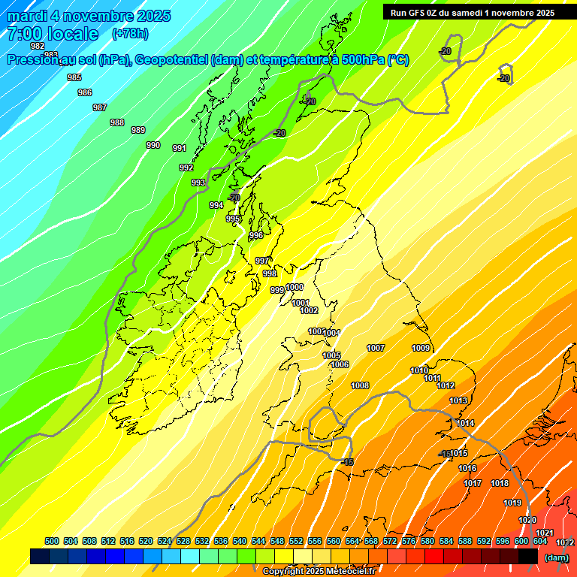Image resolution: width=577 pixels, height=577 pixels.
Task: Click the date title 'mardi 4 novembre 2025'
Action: tap(89, 16)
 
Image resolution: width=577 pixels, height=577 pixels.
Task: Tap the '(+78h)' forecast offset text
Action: tap(130, 33)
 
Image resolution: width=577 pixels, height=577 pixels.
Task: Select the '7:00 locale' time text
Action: tap(53, 34)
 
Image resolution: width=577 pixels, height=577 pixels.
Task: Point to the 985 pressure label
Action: tap(74, 77)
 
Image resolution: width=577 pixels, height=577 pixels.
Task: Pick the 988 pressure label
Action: tap(117, 122)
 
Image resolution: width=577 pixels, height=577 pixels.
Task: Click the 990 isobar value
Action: tap(153, 145)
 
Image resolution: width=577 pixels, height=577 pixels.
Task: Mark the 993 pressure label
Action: tap(198, 183)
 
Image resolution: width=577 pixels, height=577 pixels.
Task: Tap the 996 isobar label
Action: tap(256, 235)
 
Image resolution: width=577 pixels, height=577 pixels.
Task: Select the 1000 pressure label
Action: tap(295, 287)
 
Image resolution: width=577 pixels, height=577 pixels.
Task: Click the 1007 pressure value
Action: tap(376, 348)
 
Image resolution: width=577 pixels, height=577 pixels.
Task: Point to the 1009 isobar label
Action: tap(421, 348)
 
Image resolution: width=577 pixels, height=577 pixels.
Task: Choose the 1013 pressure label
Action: tap(458, 400)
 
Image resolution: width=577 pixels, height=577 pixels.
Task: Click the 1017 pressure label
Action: tap(473, 483)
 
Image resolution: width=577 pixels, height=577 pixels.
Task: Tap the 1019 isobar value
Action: tap(512, 503)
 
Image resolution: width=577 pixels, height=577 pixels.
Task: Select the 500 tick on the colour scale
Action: tap(52, 541)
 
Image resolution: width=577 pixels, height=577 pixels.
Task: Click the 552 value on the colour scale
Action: tap(296, 541)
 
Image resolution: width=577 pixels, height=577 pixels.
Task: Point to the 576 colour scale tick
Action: tap(409, 541)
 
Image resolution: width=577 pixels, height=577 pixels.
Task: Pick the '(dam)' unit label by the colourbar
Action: tap(556, 557)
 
